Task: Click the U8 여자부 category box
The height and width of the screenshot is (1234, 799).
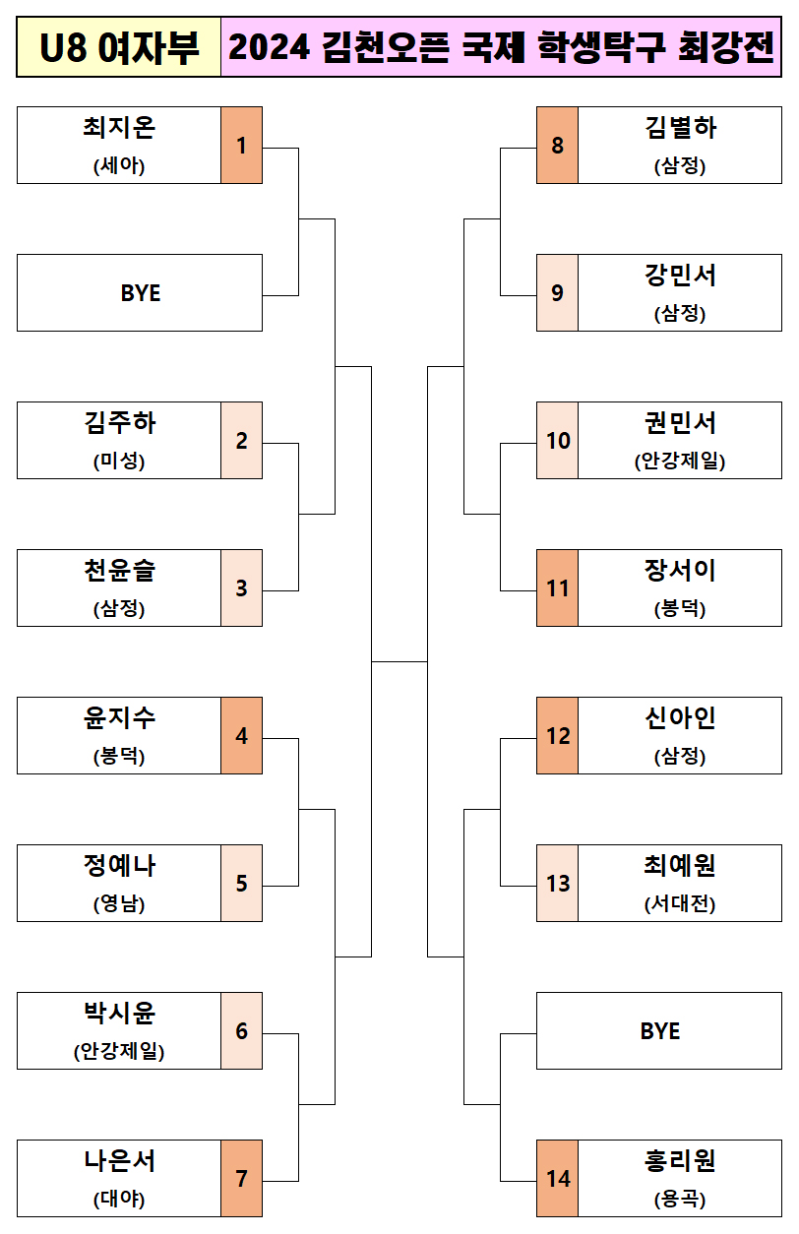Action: pos(119,47)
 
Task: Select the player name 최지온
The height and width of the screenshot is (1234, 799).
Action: pos(119,129)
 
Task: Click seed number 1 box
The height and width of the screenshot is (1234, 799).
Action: pos(241,146)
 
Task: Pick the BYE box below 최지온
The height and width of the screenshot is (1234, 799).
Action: pos(140,293)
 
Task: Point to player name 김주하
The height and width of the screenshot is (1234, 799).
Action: pos(119,424)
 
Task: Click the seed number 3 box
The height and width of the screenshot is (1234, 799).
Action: pos(241,588)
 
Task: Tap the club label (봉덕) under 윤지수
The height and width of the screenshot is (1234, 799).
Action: pos(119,757)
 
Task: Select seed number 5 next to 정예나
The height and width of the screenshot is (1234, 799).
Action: pos(241,884)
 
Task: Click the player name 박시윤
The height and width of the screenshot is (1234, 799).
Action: pos(119,1015)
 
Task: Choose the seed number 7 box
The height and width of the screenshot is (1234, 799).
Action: pos(241,1179)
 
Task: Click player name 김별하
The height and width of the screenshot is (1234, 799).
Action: pos(680,129)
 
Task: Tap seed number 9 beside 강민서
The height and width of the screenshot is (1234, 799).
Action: pos(557,293)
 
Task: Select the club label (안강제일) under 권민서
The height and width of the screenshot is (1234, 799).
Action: pos(680,462)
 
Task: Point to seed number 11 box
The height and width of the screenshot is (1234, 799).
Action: pos(557,588)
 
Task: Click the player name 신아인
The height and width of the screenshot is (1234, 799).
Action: pos(680,719)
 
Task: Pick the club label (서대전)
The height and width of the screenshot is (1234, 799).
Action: pos(680,904)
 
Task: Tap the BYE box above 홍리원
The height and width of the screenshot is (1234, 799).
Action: pos(659,1031)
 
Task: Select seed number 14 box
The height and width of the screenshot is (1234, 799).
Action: pos(557,1179)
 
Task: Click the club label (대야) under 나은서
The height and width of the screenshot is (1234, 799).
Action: pos(119,1200)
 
